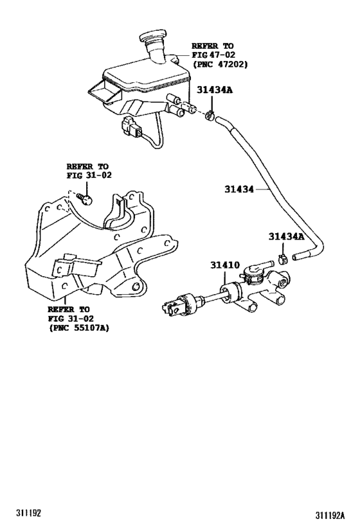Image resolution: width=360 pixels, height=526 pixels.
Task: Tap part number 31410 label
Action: tap(225, 265)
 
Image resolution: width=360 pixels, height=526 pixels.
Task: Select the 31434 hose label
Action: tap(239, 189)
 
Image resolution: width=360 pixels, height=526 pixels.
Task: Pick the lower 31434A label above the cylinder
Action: tap(286, 236)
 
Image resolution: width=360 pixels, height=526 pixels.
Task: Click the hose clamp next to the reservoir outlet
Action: tap(211, 116)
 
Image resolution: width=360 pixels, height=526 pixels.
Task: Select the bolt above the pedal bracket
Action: tap(85, 198)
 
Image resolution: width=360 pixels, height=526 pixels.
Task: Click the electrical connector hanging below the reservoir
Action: tap(132, 127)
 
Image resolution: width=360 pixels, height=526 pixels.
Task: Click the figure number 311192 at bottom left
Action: tap(28, 513)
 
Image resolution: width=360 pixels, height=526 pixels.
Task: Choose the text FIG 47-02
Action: tap(213, 55)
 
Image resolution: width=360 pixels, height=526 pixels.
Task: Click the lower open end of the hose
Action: tap(295, 258)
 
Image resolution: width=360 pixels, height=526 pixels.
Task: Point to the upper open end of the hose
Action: tap(218, 119)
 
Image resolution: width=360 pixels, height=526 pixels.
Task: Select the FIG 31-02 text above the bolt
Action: tap(89, 175)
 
